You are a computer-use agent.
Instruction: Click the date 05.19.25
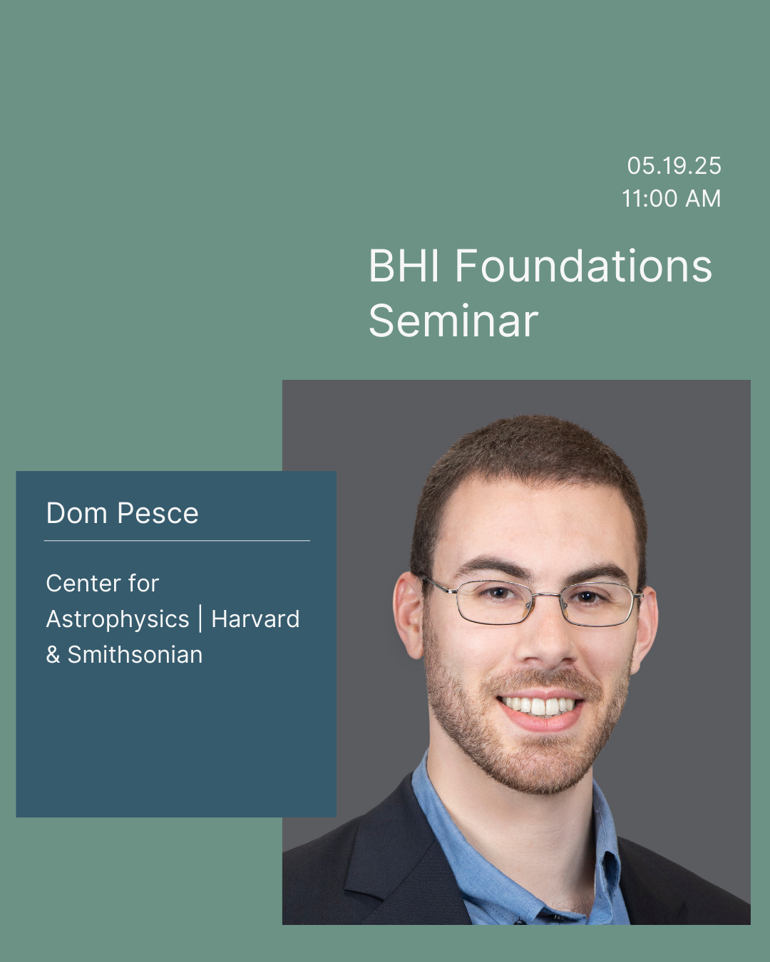click(x=674, y=166)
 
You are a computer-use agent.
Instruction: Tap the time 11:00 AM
click(x=672, y=199)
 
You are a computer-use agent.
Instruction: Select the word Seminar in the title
click(x=453, y=321)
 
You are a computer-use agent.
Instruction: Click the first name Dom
click(x=76, y=513)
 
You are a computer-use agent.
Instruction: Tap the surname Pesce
click(x=158, y=513)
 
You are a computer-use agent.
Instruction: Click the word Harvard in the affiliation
click(x=255, y=619)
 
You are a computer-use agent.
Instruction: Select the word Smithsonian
click(x=135, y=655)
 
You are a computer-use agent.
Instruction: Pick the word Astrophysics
click(x=118, y=619)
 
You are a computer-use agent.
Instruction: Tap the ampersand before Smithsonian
click(x=53, y=656)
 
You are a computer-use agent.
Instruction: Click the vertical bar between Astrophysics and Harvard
click(x=200, y=619)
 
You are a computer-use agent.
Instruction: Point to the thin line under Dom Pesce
click(x=177, y=540)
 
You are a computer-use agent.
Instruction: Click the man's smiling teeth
click(x=539, y=705)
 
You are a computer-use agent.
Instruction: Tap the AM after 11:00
click(x=703, y=199)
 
